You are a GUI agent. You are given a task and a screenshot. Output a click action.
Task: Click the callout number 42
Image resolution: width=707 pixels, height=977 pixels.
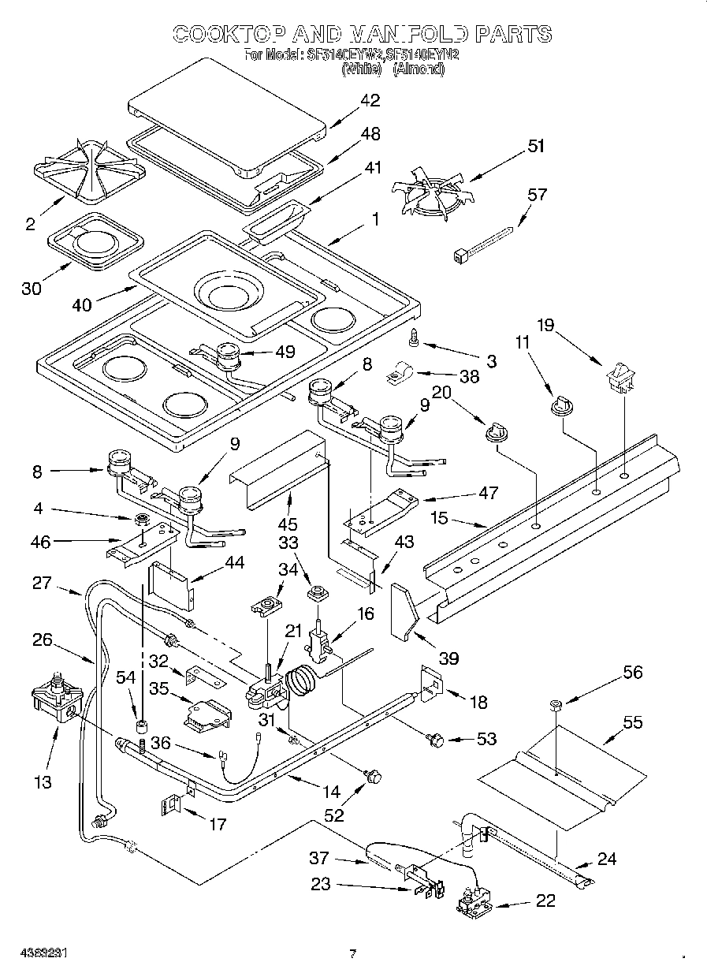click(370, 100)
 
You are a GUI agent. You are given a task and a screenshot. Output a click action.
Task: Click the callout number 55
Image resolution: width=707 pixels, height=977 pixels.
click(632, 722)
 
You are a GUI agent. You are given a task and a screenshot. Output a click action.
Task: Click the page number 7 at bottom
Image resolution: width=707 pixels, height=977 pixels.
click(352, 953)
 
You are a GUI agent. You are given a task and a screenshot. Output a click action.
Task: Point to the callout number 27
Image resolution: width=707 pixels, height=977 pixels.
click(43, 584)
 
